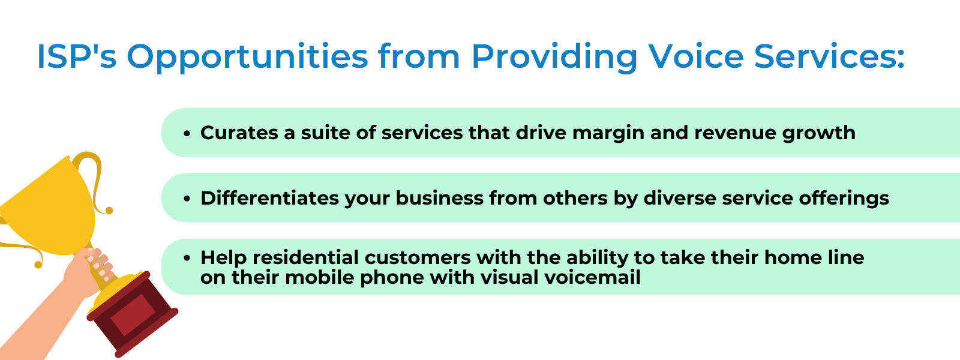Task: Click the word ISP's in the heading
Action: point(77,56)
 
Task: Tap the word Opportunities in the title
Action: point(247,58)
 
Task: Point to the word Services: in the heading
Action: point(829,56)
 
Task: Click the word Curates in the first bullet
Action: point(239,133)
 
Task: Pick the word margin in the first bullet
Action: point(608,134)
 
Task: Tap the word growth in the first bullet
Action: point(818,134)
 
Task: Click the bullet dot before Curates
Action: point(187,134)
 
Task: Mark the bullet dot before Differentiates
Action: point(187,199)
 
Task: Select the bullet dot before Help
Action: point(187,259)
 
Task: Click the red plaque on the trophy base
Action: point(133,315)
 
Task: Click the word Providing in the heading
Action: point(554,58)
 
